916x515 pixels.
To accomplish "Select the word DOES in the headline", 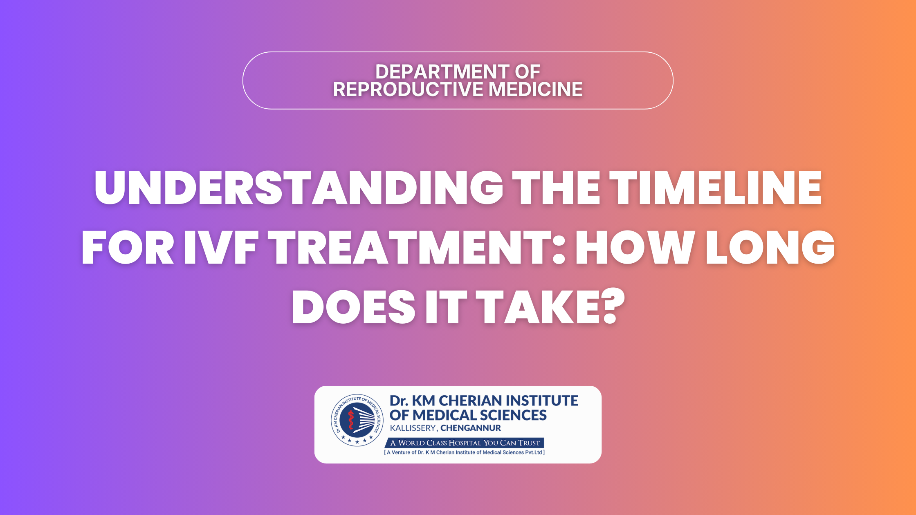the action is pyautogui.click(x=354, y=307).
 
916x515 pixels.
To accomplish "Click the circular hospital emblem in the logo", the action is pyautogui.click(x=357, y=420).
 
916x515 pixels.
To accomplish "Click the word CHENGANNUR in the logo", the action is pyautogui.click(x=471, y=428).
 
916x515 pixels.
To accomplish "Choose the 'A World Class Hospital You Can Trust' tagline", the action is pyautogui.click(x=465, y=443).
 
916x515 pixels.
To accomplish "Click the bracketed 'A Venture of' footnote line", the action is pyautogui.click(x=465, y=452).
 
